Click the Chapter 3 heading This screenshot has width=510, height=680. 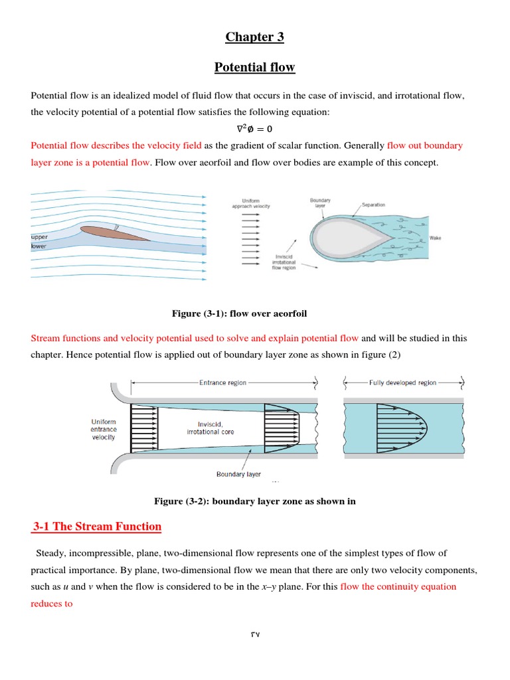(x=254, y=37)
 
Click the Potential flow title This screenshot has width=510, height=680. (x=254, y=67)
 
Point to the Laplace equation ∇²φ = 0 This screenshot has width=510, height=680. (x=254, y=129)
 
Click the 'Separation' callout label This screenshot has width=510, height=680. (x=373, y=205)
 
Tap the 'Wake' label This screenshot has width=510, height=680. (x=435, y=237)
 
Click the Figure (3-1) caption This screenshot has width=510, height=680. (x=239, y=313)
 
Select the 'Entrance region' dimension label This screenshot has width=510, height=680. (x=222, y=382)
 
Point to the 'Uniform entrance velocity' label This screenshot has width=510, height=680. (x=103, y=429)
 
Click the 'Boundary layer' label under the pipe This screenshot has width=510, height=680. (x=238, y=474)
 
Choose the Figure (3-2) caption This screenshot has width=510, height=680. (x=254, y=501)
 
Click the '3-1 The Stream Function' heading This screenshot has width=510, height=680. (x=97, y=527)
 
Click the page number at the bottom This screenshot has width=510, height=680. (x=255, y=634)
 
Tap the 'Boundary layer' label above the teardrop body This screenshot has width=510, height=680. (x=321, y=203)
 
